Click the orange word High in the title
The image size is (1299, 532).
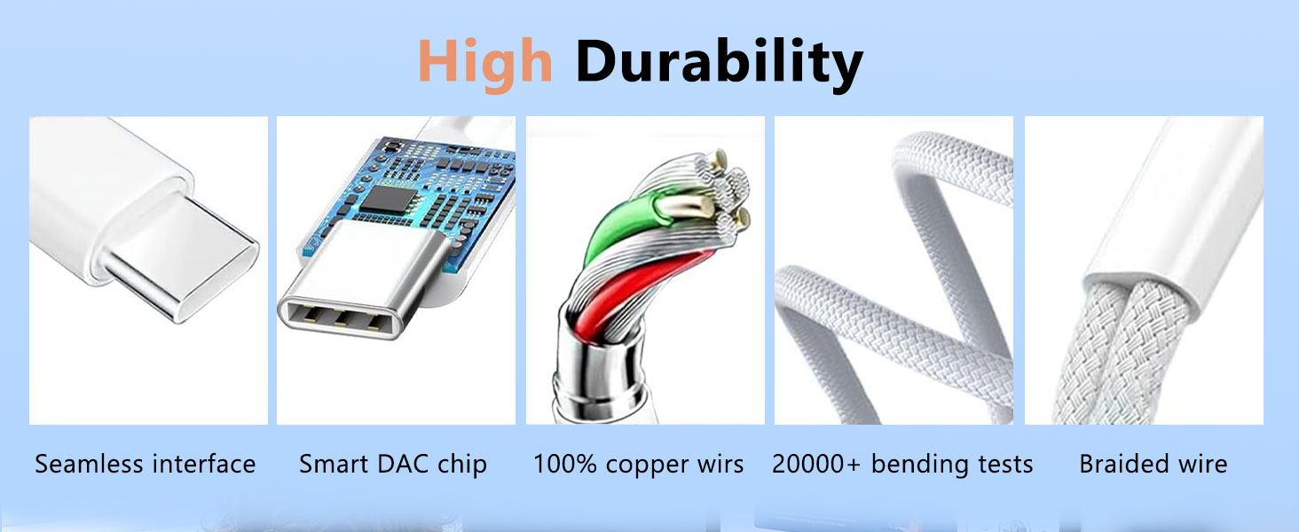[484, 64]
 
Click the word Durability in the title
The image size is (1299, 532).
[719, 64]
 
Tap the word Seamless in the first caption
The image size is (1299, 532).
[89, 464]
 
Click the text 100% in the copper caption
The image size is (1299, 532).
[565, 464]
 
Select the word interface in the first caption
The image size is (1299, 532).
[203, 464]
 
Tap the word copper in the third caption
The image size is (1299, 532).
[645, 465]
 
